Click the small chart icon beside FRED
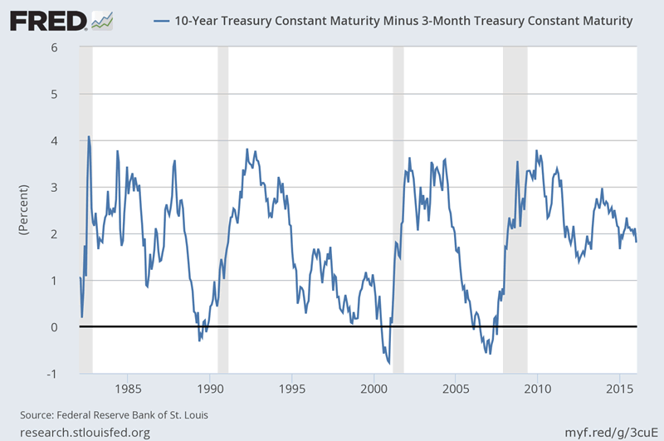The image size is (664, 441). click(103, 18)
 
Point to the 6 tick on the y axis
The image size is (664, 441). click(53, 47)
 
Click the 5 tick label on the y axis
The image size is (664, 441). click(53, 94)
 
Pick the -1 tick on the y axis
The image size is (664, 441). click(51, 374)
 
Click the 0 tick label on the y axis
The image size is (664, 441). click(53, 327)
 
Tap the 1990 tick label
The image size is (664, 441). click(209, 390)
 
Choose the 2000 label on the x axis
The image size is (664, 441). click(373, 390)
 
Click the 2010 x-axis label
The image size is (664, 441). click(538, 390)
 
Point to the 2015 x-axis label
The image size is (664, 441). click(619, 390)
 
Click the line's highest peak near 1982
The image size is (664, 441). click(89, 137)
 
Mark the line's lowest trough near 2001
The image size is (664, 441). click(389, 363)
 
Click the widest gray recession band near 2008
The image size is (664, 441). click(515, 208)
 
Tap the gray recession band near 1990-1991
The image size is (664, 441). click(222, 208)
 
